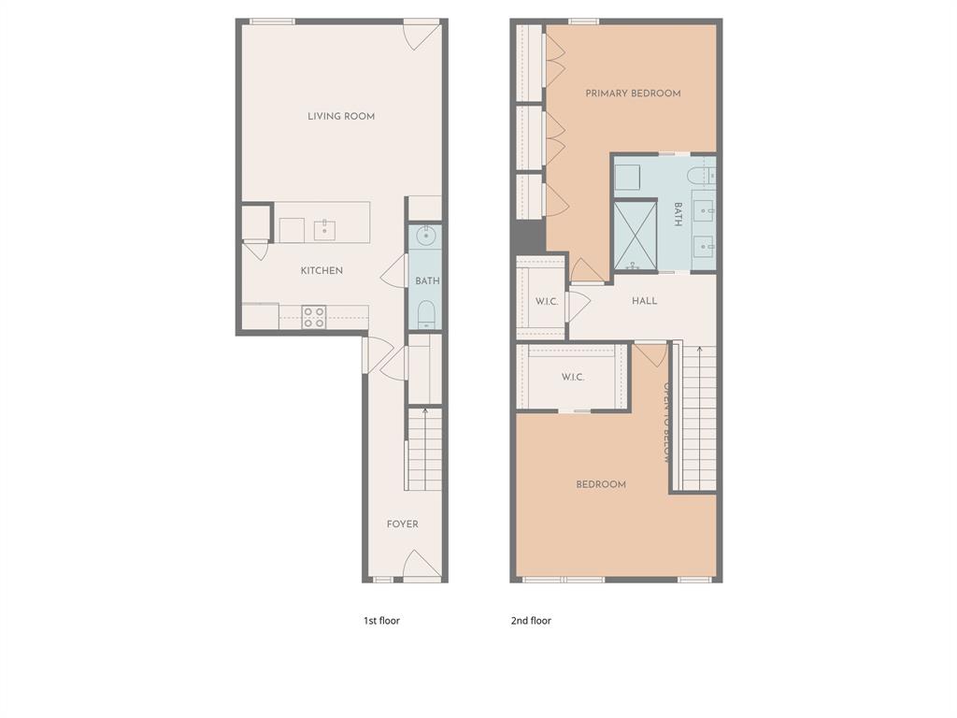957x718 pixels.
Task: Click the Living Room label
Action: point(341,117)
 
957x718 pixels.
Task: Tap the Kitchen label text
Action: point(321,271)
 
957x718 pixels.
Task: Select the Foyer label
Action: point(403,524)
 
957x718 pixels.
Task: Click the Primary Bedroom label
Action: point(633,93)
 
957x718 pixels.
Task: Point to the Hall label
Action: point(644,301)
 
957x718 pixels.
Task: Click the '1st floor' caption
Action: point(381,621)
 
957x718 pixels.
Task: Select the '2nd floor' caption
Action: point(531,621)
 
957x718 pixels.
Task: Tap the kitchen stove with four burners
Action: point(314,318)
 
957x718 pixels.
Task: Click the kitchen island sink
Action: point(325,228)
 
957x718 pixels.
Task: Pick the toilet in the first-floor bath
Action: point(425,313)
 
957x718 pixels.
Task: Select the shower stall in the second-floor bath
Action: point(635,234)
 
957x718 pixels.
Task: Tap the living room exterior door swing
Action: point(421,36)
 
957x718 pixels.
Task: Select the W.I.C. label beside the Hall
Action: point(546,302)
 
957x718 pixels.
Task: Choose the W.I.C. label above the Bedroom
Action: point(573,378)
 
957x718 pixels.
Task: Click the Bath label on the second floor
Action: point(678,215)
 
